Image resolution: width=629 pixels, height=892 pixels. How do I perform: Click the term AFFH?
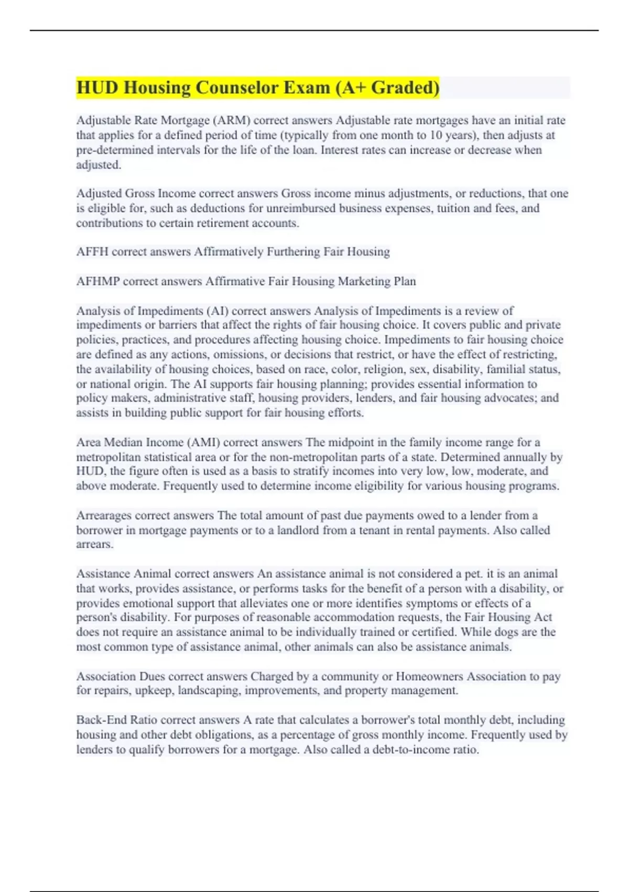[92, 252]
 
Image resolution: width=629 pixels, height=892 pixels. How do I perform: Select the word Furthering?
[294, 252]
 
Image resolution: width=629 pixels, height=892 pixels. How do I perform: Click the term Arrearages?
[103, 515]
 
